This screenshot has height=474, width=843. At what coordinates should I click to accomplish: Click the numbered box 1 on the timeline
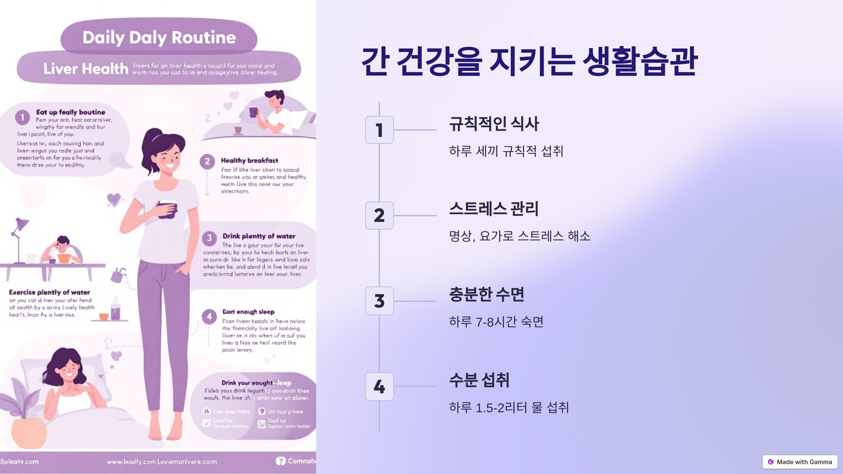[379, 130]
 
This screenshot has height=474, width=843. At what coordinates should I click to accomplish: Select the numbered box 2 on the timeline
[379, 216]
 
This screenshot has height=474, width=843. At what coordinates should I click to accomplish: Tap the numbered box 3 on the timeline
[379, 301]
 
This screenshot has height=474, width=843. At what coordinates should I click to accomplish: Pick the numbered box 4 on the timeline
[379, 387]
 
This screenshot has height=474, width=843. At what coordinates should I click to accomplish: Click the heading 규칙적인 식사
[494, 124]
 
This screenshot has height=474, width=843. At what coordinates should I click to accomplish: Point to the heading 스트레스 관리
[494, 209]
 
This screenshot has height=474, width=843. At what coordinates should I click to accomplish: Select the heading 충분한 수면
[486, 295]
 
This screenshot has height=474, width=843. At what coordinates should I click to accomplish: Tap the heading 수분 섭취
[479, 380]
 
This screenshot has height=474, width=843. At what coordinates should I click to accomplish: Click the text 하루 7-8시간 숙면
[496, 322]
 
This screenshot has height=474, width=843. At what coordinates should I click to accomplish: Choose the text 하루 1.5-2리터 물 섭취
[509, 408]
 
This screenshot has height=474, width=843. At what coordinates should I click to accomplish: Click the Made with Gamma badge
[800, 462]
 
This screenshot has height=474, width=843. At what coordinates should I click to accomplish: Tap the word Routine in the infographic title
[204, 38]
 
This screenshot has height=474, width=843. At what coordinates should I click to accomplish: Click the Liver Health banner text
[86, 69]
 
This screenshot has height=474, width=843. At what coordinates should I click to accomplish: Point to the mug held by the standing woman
[168, 210]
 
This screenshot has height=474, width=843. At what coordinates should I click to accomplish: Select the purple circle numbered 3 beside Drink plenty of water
[209, 238]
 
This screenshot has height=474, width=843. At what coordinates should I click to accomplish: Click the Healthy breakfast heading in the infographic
[249, 160]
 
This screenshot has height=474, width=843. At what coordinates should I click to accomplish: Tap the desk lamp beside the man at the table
[19, 239]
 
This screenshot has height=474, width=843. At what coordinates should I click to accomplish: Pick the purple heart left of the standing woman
[114, 200]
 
